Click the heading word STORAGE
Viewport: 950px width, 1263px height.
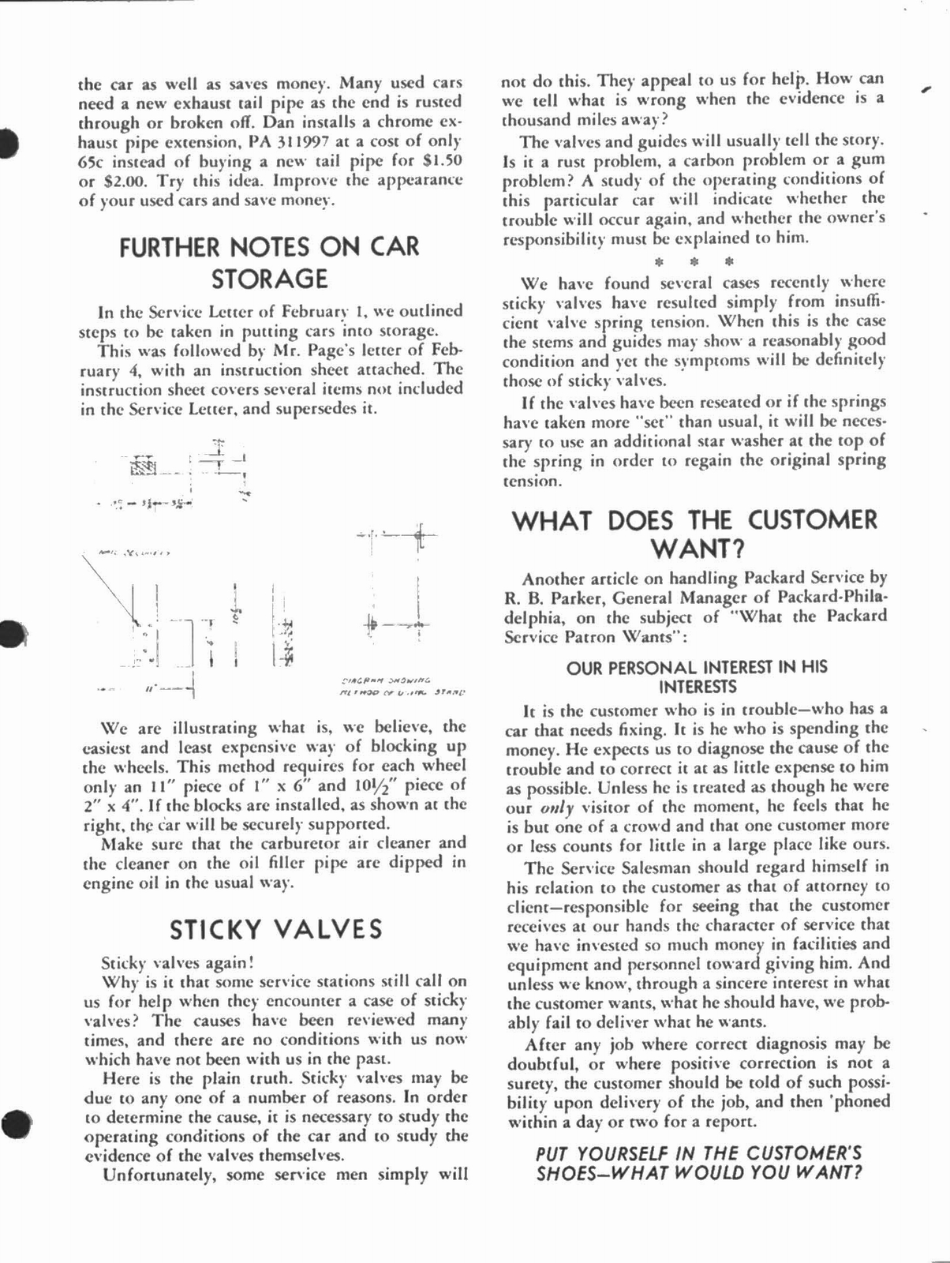[x=269, y=279]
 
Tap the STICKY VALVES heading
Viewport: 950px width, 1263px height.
[x=276, y=929]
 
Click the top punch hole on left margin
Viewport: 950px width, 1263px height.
[x=8, y=143]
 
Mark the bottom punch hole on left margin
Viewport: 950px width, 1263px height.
[x=14, y=1123]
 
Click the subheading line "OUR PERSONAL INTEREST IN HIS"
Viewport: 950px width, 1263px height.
[x=697, y=667]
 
